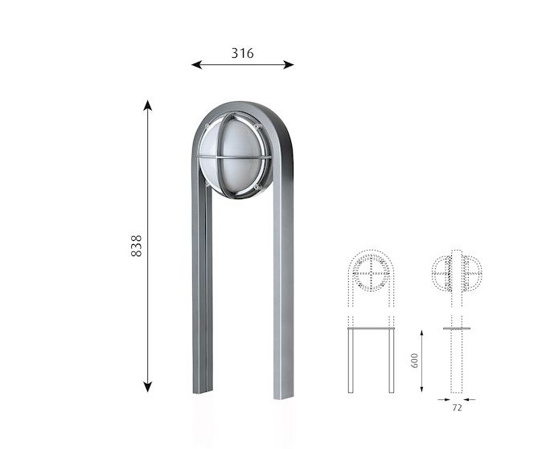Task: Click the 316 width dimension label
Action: [x=242, y=53]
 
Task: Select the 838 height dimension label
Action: [x=136, y=246]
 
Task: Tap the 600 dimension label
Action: [x=414, y=361]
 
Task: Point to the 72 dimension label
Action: [x=457, y=408]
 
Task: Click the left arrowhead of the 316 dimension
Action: [x=196, y=64]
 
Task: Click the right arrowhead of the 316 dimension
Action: [x=289, y=64]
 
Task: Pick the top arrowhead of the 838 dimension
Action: [x=148, y=105]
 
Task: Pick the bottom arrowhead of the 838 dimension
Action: [x=148, y=387]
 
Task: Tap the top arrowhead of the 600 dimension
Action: [x=421, y=333]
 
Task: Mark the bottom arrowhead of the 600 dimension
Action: [x=421, y=389]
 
